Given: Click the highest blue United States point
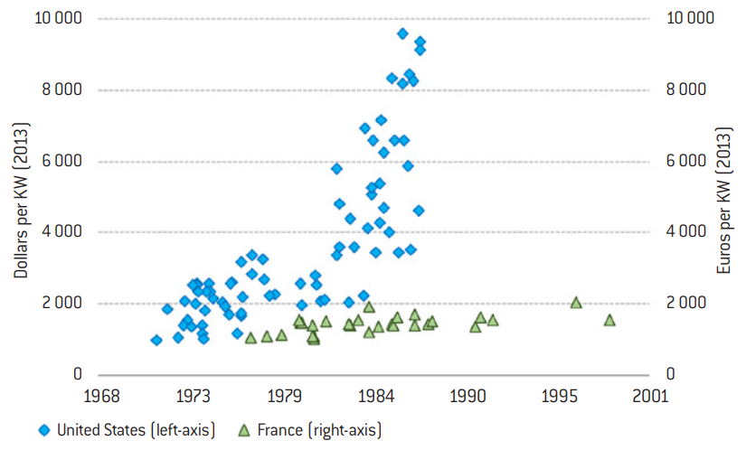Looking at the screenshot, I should coord(402,33).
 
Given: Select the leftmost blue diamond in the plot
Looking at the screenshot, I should coord(156,340).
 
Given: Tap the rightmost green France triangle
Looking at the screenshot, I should coord(609,320).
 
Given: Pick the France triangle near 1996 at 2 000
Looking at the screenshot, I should coord(576,302).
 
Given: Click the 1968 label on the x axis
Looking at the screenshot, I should coord(102,396).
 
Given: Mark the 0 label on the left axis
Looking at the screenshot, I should coord(79,374).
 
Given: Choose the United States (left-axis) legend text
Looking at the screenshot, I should coord(136,429).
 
